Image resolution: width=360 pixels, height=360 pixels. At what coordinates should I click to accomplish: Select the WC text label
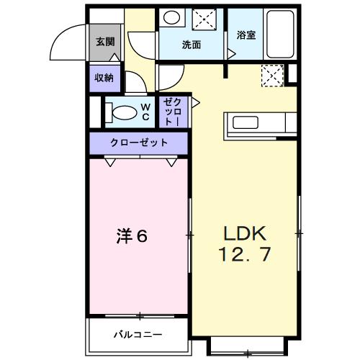(145, 112)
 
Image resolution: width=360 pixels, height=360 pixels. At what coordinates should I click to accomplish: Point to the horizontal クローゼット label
(138, 143)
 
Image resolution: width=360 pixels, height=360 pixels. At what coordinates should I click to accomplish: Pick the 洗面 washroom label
(191, 45)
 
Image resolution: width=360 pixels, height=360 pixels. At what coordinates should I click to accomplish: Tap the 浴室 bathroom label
(246, 35)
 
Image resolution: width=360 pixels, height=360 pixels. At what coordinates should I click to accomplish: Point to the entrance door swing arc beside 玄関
(66, 40)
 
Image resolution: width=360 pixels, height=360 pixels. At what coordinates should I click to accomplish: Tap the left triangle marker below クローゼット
(110, 162)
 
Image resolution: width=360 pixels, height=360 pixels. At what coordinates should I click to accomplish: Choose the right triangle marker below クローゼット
(171, 162)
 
